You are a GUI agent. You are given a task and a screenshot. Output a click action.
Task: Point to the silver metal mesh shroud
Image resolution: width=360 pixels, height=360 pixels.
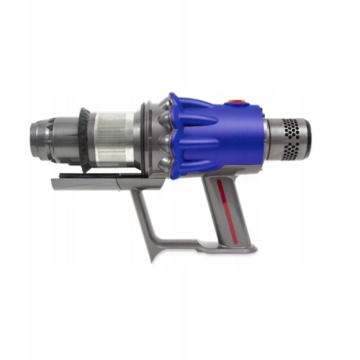tap(115, 140)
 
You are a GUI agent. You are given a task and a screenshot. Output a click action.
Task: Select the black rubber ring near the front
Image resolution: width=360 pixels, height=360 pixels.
tap(85, 140)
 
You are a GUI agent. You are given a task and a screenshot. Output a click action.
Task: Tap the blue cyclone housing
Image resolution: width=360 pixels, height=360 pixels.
tap(216, 137)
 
